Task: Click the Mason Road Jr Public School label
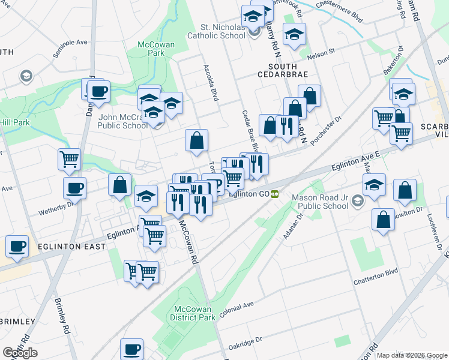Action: (x=320, y=202)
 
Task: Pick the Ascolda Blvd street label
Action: (x=209, y=83)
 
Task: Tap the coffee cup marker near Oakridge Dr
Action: (x=131, y=350)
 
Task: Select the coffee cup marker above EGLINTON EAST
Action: (x=17, y=246)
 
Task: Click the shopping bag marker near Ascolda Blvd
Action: (x=196, y=142)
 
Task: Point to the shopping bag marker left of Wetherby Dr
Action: (x=120, y=185)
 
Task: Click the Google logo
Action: (x=20, y=353)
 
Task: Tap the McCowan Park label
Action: (x=151, y=49)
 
